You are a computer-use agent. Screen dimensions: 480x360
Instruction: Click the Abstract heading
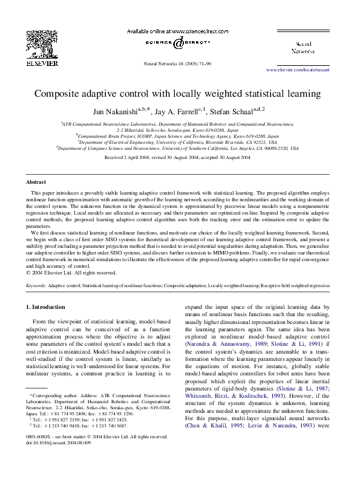(36, 182)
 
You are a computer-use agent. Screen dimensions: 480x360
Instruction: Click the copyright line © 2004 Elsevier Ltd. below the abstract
(68, 273)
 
